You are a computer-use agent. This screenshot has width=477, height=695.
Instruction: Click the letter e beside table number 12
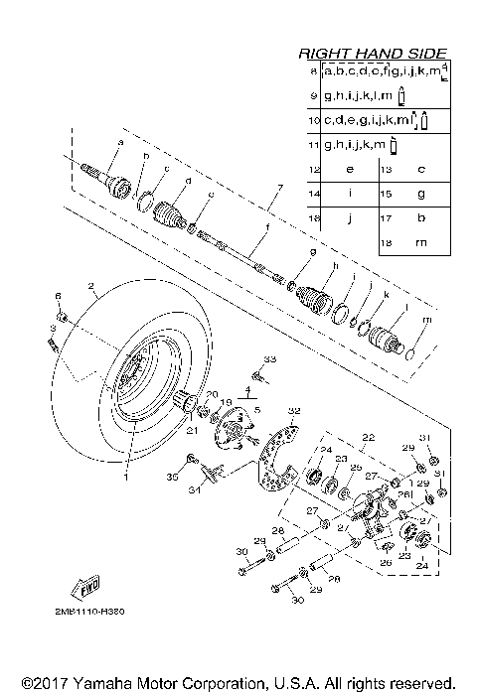pyautogui.click(x=349, y=169)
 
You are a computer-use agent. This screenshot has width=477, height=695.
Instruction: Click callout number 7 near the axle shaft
pyautogui.click(x=280, y=187)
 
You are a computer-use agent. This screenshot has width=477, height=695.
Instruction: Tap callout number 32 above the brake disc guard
pyautogui.click(x=293, y=410)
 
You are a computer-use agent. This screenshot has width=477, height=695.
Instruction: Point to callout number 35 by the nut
pyautogui.click(x=171, y=478)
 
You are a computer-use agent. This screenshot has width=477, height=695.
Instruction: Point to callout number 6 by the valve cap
pyautogui.click(x=58, y=297)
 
